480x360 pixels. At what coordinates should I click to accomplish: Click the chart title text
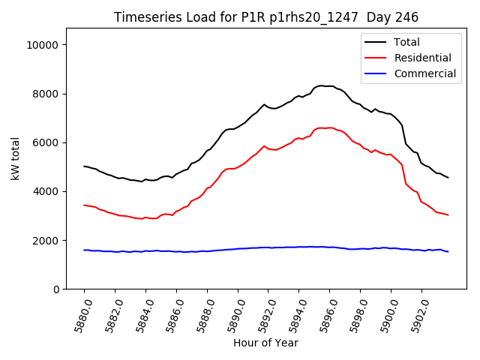pyautogui.click(x=265, y=17)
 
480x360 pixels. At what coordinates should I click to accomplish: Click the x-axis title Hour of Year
pyautogui.click(x=265, y=343)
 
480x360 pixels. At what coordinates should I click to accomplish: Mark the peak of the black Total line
pyautogui.click(x=322, y=85)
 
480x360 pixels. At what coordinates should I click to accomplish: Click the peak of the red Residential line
pyautogui.click(x=322, y=127)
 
